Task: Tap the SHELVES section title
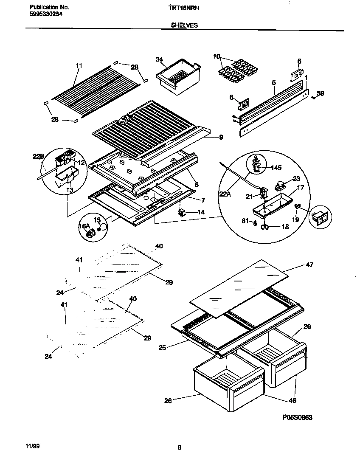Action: coord(184,25)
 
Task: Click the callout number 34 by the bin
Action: coord(159,59)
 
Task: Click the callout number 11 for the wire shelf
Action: coord(79,65)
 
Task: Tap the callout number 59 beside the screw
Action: coord(320,93)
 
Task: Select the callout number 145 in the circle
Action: coord(276,168)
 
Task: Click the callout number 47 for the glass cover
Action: coord(309,265)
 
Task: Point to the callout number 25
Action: coord(162,348)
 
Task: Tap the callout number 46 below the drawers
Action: coord(292,400)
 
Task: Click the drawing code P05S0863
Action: coord(297,418)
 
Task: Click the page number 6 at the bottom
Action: coord(180,447)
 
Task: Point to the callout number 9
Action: coord(221,137)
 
